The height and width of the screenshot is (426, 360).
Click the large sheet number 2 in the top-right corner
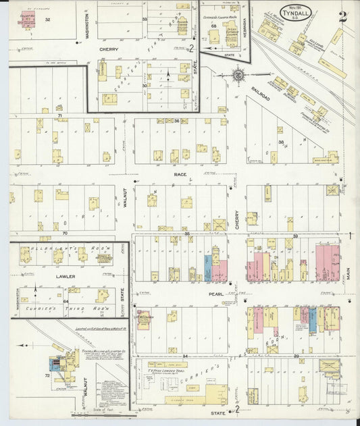[x=343, y=17]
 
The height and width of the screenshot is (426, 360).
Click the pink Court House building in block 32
[x=28, y=21]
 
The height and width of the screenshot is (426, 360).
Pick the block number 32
[x=47, y=20]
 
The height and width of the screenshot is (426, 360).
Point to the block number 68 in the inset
[x=213, y=26]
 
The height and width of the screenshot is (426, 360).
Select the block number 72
[x=47, y=375]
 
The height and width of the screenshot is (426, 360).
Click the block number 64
[x=66, y=302]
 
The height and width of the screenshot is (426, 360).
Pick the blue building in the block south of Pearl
[x=313, y=319]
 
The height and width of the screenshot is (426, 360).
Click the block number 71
[x=59, y=117]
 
